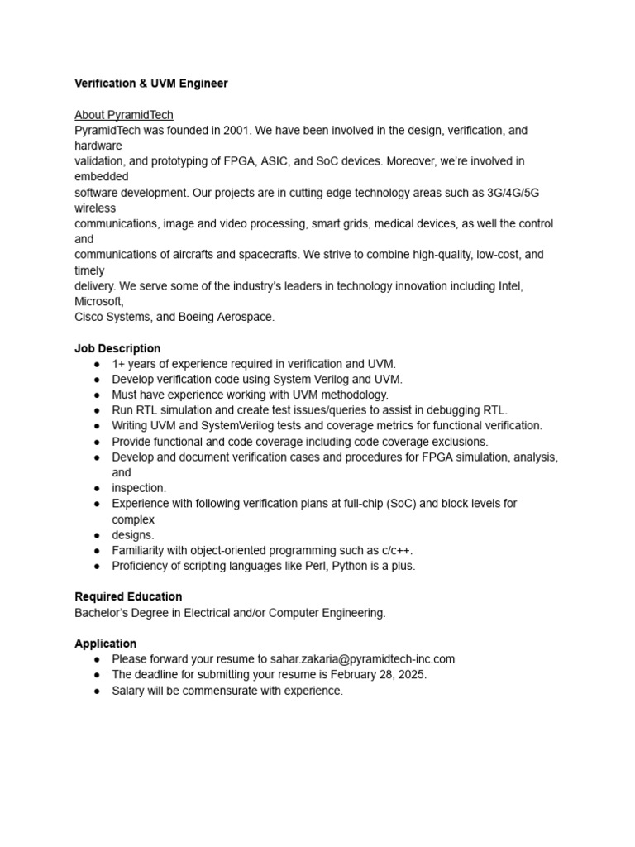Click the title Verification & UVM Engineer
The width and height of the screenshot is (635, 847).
click(151, 84)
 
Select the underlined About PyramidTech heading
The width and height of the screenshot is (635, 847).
click(124, 115)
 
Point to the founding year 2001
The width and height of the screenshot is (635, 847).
click(236, 131)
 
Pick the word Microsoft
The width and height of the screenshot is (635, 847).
click(98, 301)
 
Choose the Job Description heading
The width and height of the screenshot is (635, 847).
click(117, 348)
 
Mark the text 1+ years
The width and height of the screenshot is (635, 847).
click(134, 364)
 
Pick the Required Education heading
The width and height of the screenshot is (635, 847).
click(128, 596)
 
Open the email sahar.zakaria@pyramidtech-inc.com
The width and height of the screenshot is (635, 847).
click(362, 659)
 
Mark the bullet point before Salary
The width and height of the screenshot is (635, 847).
click(98, 691)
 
